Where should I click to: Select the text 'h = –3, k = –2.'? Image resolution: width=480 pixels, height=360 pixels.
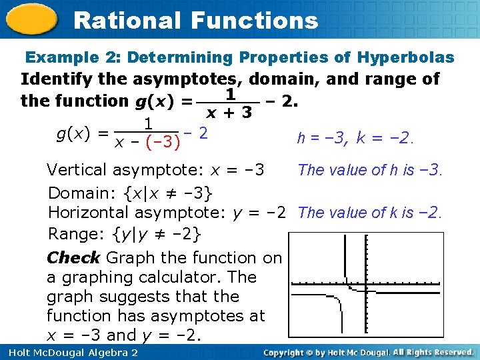[x=355, y=139]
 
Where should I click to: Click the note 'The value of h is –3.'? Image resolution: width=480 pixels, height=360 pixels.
[x=370, y=170]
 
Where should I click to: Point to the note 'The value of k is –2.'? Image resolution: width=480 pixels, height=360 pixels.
[x=370, y=213]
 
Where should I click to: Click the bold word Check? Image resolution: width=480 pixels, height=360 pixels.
[x=73, y=257]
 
